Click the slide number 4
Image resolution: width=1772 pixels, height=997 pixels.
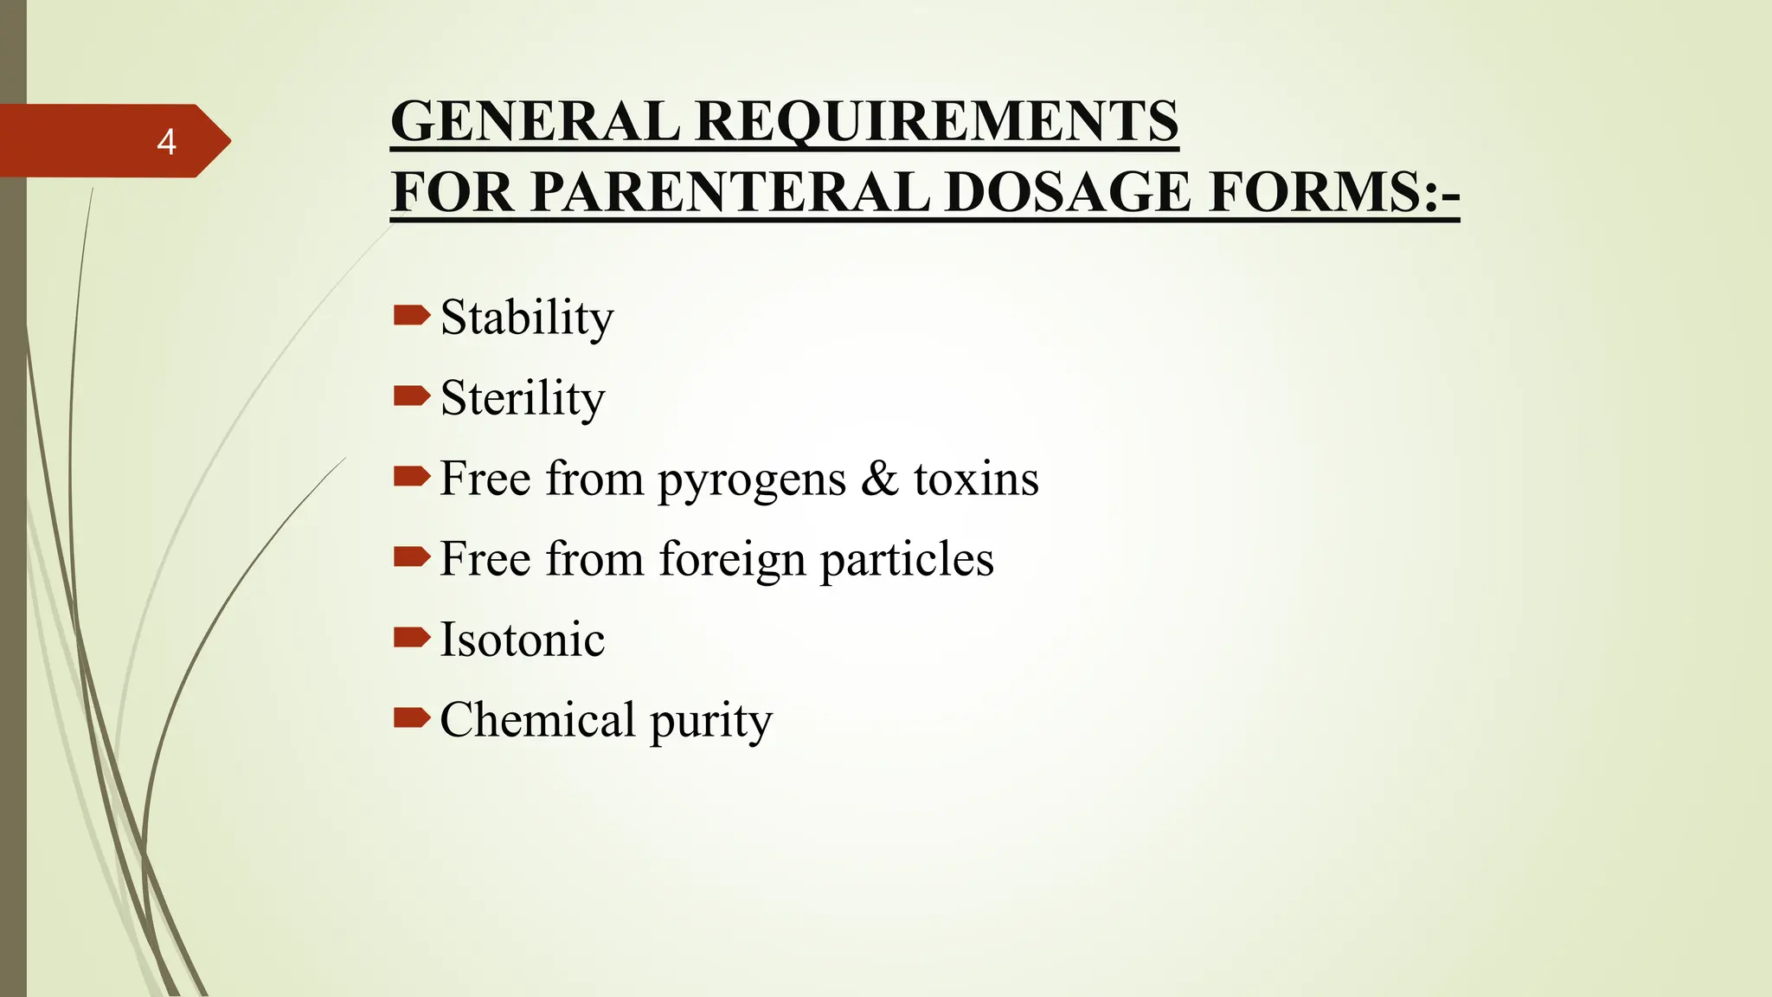click(x=166, y=142)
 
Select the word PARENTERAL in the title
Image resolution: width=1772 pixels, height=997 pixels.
click(x=730, y=192)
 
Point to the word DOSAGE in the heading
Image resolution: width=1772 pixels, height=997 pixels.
click(x=1068, y=192)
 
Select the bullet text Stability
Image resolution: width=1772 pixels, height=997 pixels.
click(x=526, y=318)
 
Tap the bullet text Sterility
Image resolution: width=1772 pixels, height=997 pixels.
click(x=523, y=398)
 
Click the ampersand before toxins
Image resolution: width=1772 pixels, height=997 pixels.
click(x=879, y=479)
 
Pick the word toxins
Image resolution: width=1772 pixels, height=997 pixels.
click(x=976, y=479)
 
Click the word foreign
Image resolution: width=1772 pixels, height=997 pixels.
click(x=732, y=561)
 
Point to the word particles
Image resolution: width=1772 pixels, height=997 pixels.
click(x=907, y=561)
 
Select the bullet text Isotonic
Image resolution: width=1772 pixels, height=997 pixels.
click(x=523, y=640)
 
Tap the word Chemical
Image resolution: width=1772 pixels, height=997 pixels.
click(x=537, y=720)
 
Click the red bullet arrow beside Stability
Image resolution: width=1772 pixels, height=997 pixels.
click(x=411, y=315)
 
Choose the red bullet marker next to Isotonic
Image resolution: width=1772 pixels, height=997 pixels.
click(x=411, y=638)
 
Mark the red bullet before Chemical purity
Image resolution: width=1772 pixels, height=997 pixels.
click(x=411, y=717)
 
